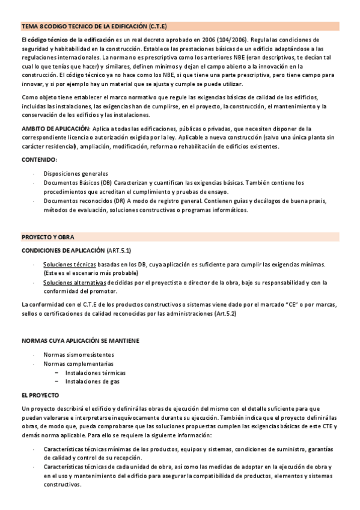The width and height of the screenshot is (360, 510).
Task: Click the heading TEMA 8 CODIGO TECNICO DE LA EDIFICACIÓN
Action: [94, 26]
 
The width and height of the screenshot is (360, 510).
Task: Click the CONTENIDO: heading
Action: [40, 159]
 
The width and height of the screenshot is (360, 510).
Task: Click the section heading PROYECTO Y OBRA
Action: [48, 237]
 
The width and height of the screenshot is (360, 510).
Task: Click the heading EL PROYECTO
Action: [40, 395]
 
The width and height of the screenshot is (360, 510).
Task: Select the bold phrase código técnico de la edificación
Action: [72, 39]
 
